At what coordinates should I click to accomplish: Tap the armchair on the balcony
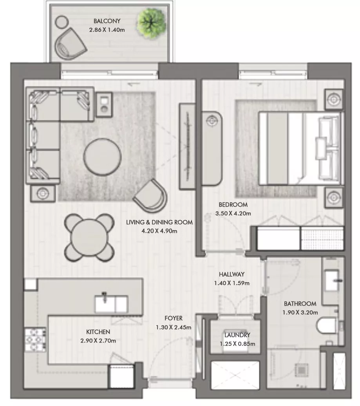point(69,44)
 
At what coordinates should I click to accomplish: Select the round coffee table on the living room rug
point(102,157)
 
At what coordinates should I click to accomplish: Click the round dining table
point(89,238)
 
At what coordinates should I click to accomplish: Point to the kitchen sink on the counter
point(111,304)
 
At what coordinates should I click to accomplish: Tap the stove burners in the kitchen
point(36,340)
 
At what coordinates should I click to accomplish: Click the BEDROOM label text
point(233,204)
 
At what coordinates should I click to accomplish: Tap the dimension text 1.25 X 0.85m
point(237,344)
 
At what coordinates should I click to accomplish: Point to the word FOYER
point(174,318)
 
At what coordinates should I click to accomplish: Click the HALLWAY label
point(232,274)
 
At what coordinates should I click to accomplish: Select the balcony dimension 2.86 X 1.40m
point(107,30)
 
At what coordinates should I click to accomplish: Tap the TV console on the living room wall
point(187,146)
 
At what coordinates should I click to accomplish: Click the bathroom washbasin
point(332,280)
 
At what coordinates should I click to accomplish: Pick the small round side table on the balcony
point(62,22)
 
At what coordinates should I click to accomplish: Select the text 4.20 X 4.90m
point(159,231)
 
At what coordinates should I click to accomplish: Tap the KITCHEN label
point(98,332)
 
